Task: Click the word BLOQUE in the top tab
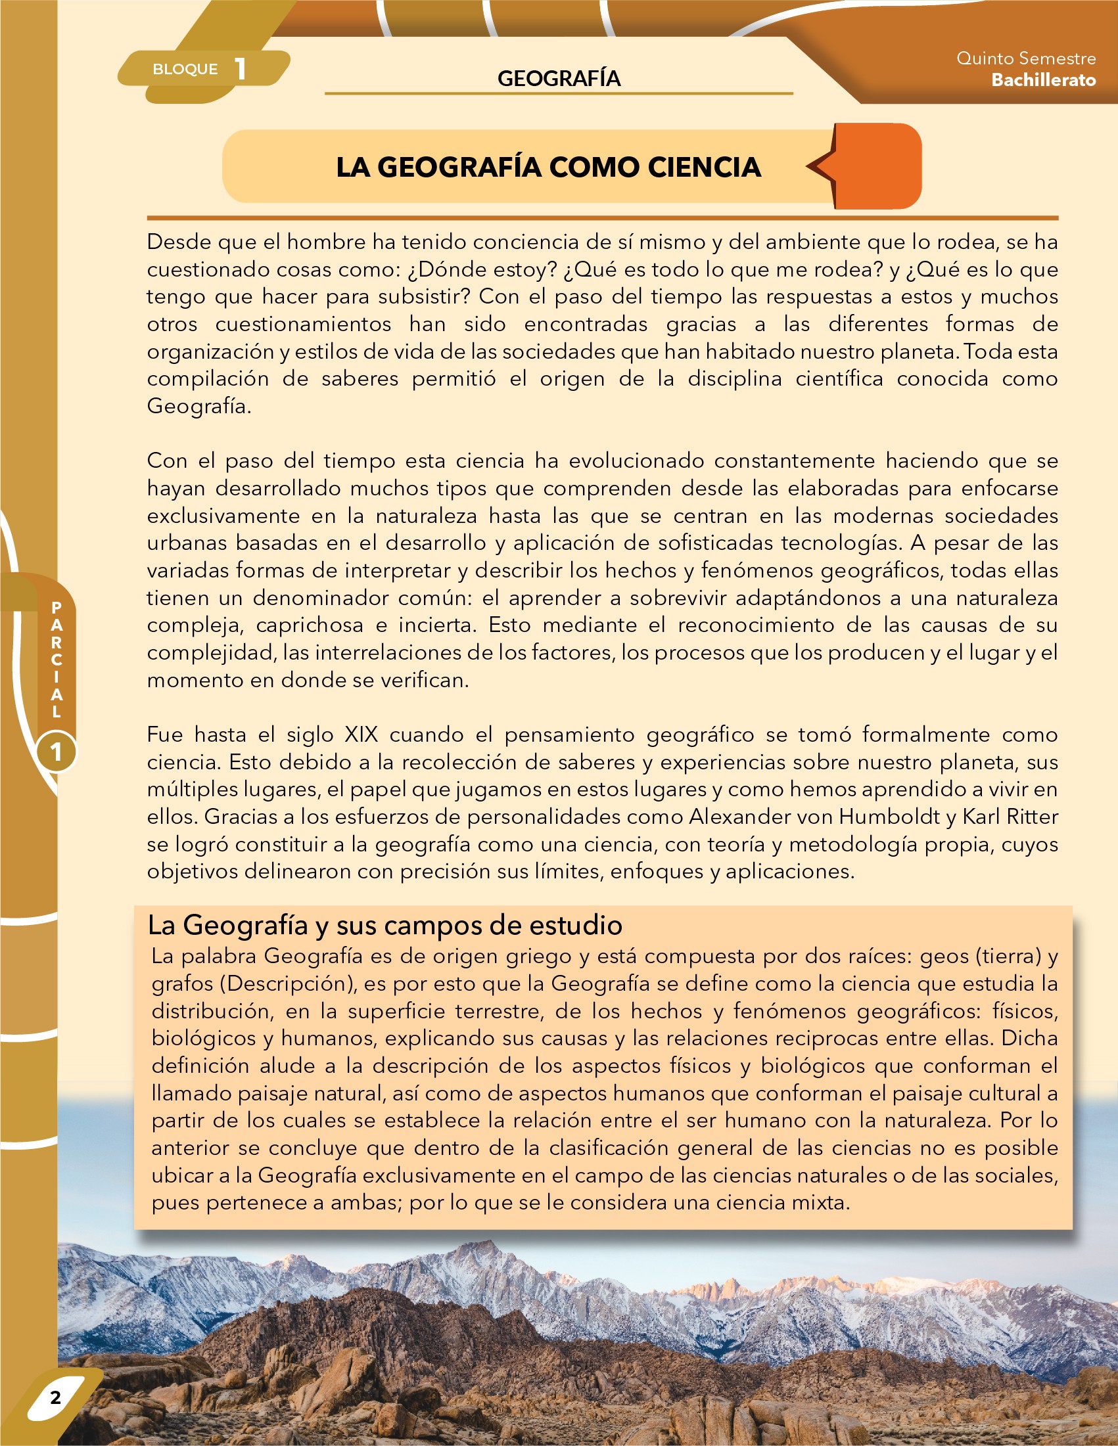point(185,69)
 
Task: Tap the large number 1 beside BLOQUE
point(241,69)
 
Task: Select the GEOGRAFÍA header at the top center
point(558,78)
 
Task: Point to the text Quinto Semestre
point(1025,58)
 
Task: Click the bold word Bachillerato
point(1043,80)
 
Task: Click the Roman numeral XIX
point(361,734)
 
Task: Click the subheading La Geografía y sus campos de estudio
point(384,925)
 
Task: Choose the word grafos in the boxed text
point(182,983)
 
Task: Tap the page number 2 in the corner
point(56,1397)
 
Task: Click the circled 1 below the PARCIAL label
point(57,752)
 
